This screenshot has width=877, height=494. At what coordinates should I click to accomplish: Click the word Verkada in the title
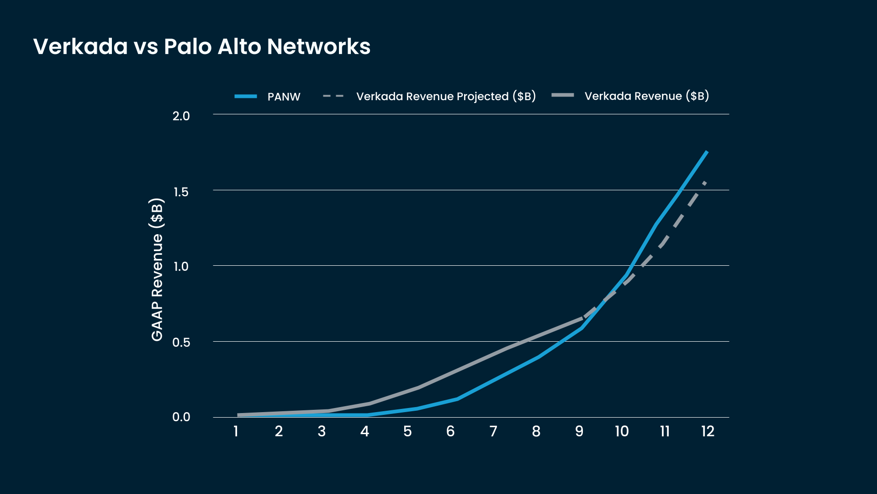[80, 47]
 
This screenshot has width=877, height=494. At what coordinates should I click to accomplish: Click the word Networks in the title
[319, 47]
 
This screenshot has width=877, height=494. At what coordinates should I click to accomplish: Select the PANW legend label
[284, 97]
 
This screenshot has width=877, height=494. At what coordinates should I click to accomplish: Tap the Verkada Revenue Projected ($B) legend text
[446, 97]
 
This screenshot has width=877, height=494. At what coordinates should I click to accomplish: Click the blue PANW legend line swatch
[246, 96]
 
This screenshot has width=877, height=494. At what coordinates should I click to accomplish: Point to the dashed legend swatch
[333, 96]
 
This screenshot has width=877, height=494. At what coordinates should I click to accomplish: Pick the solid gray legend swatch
[563, 95]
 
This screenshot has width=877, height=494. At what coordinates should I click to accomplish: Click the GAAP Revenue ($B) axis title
[157, 270]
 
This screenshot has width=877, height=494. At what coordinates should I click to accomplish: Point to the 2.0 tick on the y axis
[181, 116]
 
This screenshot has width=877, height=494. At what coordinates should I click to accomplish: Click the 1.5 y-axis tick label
[181, 192]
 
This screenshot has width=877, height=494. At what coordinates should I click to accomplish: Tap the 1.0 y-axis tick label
[181, 266]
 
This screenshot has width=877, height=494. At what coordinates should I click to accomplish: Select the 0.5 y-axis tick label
[181, 342]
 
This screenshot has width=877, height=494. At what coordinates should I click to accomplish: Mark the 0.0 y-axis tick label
[181, 417]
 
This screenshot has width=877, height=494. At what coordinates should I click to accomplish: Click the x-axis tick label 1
[236, 431]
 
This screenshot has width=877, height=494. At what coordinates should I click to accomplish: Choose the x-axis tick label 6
[450, 431]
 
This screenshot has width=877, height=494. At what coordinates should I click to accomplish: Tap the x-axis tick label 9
[579, 431]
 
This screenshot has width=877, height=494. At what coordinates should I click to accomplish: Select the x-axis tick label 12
[708, 431]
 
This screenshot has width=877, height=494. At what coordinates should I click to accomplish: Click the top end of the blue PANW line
[707, 151]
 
